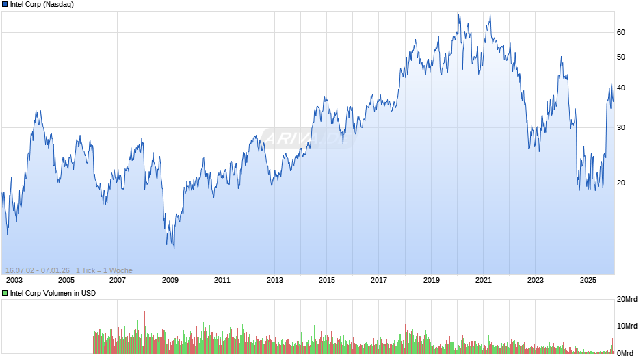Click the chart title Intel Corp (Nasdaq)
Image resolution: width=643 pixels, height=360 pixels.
42,4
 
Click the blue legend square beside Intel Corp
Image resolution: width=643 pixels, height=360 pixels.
5,4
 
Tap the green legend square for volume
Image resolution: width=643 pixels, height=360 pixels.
5,293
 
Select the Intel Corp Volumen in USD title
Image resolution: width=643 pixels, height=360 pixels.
53,293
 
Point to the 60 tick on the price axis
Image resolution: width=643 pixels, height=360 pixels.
621,32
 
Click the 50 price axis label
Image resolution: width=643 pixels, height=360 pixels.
621,57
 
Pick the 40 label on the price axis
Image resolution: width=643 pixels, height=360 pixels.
621,88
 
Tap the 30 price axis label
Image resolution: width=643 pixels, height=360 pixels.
621,127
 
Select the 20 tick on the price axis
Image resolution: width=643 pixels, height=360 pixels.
621,183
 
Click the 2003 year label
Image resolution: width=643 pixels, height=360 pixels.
14,280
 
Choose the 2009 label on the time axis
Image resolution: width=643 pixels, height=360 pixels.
170,280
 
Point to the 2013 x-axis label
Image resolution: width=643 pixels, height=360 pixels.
274,280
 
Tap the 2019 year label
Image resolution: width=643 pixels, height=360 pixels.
431,280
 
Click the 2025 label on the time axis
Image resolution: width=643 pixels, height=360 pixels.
587,280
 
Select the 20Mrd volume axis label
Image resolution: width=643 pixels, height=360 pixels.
627,300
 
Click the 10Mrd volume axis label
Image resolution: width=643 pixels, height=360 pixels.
627,326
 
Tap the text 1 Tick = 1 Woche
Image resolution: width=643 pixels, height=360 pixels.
104,270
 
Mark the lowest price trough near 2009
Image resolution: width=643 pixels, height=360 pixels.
174,248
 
